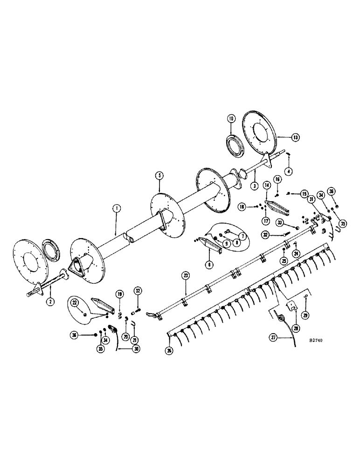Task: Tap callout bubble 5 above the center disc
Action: coord(159,175)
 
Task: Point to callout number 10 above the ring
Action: coord(232,119)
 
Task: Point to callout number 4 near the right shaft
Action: coord(289,171)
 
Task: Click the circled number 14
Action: coord(267,185)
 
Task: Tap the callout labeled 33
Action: coord(280,223)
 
